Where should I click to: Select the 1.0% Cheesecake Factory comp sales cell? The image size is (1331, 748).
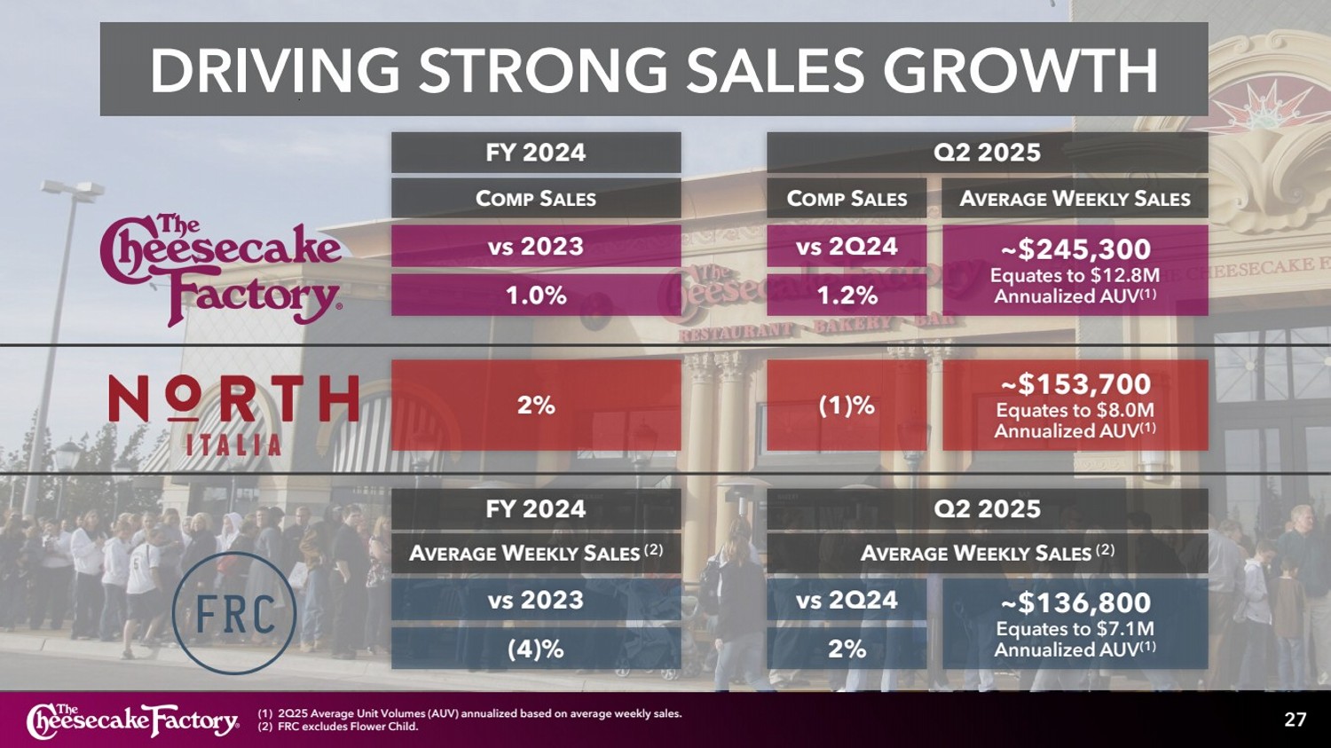coord(536,295)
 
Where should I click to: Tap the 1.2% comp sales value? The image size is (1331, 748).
coord(847,295)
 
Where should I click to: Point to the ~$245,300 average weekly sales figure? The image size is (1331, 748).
coord(1075,249)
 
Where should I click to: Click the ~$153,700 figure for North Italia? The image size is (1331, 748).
coord(1075,384)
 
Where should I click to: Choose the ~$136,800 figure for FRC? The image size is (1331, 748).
coord(1075,603)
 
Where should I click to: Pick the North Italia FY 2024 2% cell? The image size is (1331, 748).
coord(536,405)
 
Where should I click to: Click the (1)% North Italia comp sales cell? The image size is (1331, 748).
coord(847,405)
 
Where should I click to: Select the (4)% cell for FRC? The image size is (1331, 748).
coord(536,649)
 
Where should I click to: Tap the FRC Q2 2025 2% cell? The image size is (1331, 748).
coord(847,649)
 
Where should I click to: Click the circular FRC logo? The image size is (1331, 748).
coord(234,613)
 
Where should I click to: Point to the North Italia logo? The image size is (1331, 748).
coord(233,413)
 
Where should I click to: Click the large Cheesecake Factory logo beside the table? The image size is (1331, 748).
coord(221,269)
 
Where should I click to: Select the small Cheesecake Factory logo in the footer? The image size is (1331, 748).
coord(133,720)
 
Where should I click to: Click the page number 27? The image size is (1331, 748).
coord(1295,720)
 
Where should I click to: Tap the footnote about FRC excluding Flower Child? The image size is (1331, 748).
coord(338,727)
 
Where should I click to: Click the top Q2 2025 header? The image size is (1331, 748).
coord(987,153)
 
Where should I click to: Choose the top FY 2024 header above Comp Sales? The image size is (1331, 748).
coord(536,153)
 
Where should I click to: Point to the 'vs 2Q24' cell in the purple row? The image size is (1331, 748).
coord(847,246)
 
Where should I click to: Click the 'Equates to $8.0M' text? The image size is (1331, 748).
coord(1075,410)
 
